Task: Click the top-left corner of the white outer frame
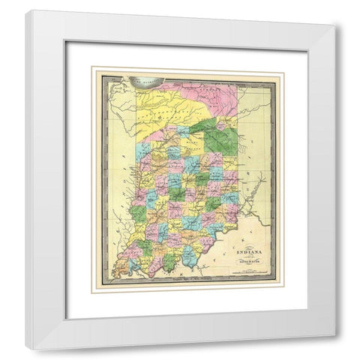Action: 26,10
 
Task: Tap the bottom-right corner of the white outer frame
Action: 335,350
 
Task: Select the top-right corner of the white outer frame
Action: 335,10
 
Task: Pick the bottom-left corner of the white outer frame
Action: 26,350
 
